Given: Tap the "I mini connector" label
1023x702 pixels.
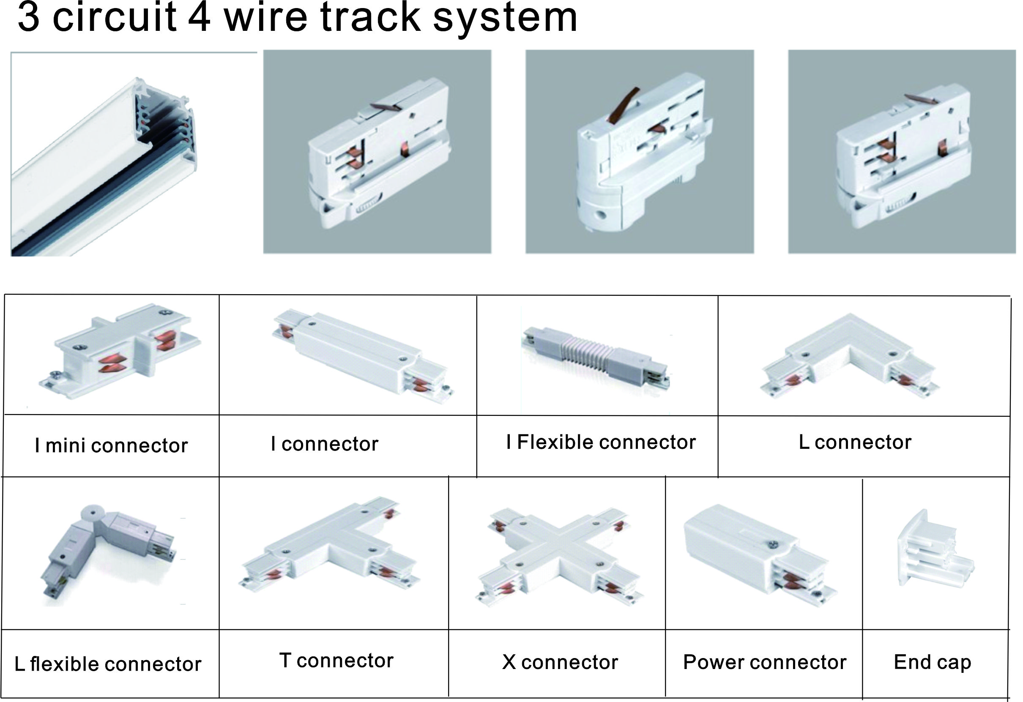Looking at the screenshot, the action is point(111,445).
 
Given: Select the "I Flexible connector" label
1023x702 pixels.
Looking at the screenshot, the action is point(601,442).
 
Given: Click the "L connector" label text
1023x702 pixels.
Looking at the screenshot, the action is point(855,442).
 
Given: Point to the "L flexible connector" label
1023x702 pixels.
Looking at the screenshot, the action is point(108,664).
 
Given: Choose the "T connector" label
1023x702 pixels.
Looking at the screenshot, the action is point(336,660).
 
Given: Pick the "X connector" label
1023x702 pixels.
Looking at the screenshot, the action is point(560,662).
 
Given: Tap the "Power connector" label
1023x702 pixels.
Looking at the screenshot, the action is point(765,662).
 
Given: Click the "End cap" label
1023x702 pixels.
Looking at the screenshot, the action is point(932,663).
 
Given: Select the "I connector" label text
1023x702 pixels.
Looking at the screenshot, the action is point(324,444).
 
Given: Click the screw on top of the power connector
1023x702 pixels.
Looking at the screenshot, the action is point(773,545).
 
